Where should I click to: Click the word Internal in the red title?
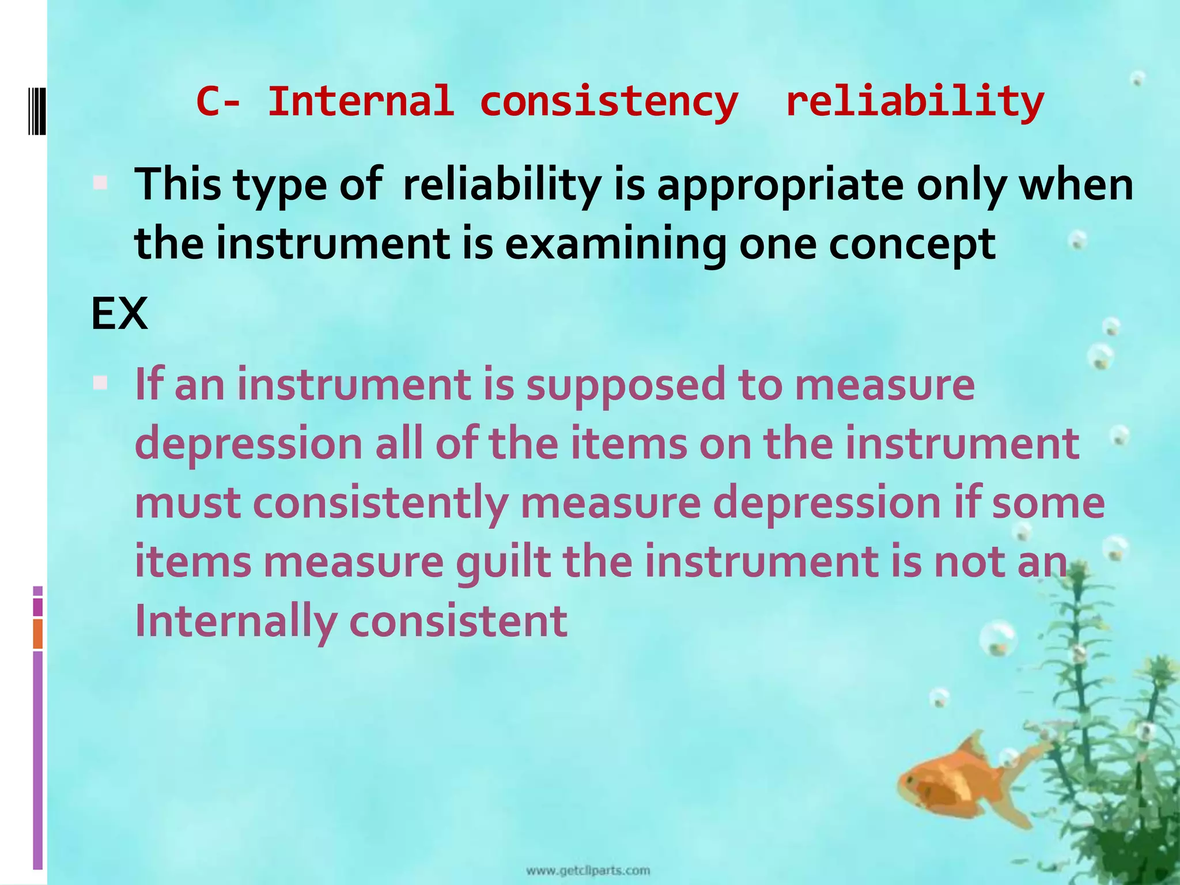tap(360, 102)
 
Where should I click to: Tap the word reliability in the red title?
tap(914, 102)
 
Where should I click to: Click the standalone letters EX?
tap(119, 314)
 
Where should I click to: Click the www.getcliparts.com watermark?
tap(588, 871)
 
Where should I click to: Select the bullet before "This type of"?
tap(100, 183)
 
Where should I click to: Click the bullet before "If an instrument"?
tap(100, 383)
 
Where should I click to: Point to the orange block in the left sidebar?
tap(38, 634)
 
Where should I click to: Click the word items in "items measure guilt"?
tap(193, 562)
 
